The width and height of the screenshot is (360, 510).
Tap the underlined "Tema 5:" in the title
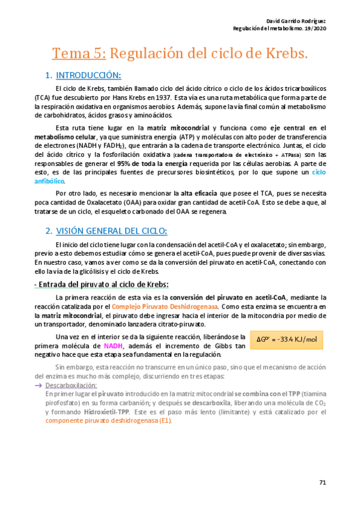point(79,54)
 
